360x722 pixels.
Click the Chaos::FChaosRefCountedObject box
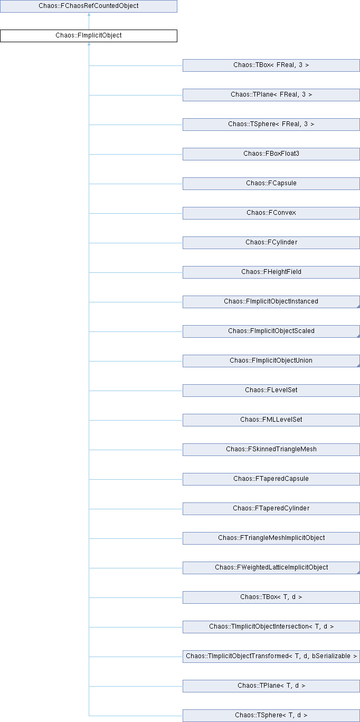pyautogui.click(x=89, y=6)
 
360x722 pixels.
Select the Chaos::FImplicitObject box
pyautogui.click(x=89, y=36)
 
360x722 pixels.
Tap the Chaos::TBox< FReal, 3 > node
pyautogui.click(x=271, y=65)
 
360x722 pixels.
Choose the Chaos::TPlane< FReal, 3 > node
pyautogui.click(x=271, y=95)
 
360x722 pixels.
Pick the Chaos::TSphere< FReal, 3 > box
pyautogui.click(x=271, y=125)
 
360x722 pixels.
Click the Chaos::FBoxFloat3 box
pyautogui.click(x=271, y=154)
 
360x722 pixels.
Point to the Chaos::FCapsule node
pyautogui.click(x=271, y=184)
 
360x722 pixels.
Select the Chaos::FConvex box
pyautogui.click(x=271, y=213)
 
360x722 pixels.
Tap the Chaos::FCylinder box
pyautogui.click(x=271, y=243)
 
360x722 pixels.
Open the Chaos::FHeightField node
pyautogui.click(x=271, y=272)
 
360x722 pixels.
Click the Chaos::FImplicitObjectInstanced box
pyautogui.click(x=271, y=302)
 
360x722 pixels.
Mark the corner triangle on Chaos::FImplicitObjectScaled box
pyautogui.click(x=357, y=335)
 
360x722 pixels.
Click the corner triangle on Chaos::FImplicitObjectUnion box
pyautogui.click(x=357, y=365)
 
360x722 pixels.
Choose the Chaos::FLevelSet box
pyautogui.click(x=271, y=391)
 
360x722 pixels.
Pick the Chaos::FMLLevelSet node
pyautogui.click(x=271, y=420)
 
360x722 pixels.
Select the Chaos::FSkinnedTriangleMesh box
pyautogui.click(x=271, y=450)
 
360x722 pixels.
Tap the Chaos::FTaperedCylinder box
pyautogui.click(x=271, y=509)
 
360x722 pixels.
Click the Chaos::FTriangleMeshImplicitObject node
pyautogui.click(x=271, y=538)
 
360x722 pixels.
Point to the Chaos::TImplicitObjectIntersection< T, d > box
pyautogui.click(x=271, y=627)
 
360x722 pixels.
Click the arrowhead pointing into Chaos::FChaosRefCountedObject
pyautogui.click(x=89, y=15)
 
